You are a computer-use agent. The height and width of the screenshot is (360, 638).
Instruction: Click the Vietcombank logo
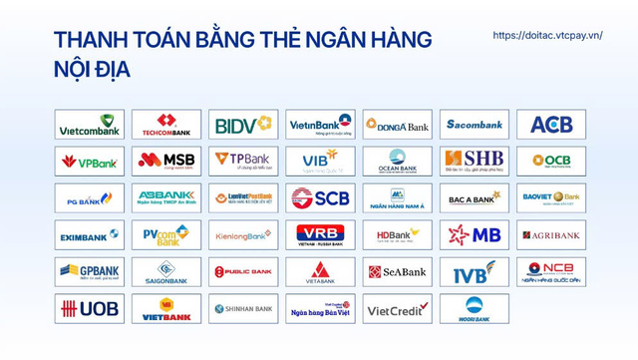(x=90, y=124)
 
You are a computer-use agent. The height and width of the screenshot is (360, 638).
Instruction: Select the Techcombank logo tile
(x=166, y=124)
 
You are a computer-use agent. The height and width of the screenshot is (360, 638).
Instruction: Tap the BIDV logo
(x=243, y=124)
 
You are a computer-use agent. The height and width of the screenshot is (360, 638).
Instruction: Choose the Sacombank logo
(x=474, y=124)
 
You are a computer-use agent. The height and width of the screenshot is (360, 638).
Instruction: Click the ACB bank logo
(x=550, y=124)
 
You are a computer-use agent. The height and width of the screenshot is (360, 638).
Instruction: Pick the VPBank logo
(x=90, y=161)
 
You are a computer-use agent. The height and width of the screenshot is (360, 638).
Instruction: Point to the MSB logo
(x=166, y=161)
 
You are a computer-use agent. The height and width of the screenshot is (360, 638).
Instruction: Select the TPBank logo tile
(x=243, y=161)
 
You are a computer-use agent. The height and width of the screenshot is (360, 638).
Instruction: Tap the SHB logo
(x=474, y=161)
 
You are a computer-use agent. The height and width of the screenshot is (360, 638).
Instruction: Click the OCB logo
(x=550, y=161)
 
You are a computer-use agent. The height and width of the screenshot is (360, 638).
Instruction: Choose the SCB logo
(x=320, y=197)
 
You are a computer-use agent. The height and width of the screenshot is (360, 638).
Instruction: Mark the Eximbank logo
(x=90, y=234)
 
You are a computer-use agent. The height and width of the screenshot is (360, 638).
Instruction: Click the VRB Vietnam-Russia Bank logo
(x=320, y=234)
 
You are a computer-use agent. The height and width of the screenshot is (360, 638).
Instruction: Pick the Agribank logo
(x=550, y=234)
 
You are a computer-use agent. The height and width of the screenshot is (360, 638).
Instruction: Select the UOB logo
(x=90, y=308)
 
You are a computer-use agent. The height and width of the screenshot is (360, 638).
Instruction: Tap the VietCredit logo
(x=397, y=308)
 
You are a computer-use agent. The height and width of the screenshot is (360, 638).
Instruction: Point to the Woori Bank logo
(x=474, y=308)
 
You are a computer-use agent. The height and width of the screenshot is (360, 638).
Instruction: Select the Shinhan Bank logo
(x=243, y=308)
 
